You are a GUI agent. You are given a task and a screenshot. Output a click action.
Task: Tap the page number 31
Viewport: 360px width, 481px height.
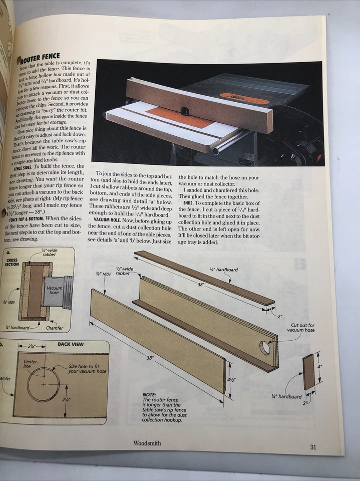[x=313, y=447]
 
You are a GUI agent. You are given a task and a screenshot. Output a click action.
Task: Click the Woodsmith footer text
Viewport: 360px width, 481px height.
[x=147, y=443]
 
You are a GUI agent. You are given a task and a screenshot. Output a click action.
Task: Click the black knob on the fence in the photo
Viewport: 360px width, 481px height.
[x=185, y=109]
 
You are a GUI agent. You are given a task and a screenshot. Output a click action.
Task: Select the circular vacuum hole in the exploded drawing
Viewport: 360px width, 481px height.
[x=265, y=347]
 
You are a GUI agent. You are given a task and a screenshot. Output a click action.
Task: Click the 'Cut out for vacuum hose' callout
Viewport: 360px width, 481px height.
[x=300, y=328]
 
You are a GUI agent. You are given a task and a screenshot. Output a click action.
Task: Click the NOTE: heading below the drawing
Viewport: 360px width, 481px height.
[x=149, y=395]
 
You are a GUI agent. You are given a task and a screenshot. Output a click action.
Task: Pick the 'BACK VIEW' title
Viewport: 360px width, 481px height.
[x=71, y=344]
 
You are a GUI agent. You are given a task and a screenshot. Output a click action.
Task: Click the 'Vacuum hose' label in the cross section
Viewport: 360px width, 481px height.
[x=54, y=290]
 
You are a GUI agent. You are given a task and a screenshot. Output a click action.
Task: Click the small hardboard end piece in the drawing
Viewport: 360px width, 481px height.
[x=308, y=372]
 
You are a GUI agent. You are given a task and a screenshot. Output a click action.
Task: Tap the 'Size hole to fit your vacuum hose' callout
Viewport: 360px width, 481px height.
[x=87, y=369]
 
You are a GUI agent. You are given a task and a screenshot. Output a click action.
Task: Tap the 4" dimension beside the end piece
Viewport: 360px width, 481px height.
[x=319, y=367]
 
